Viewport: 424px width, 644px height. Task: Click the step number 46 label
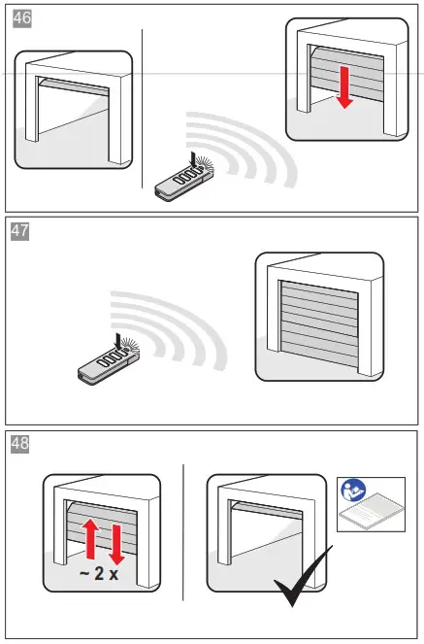click(20, 18)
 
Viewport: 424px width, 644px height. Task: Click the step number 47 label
click(20, 230)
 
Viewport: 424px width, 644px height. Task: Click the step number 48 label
click(20, 444)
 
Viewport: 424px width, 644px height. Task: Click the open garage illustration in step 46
click(73, 109)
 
